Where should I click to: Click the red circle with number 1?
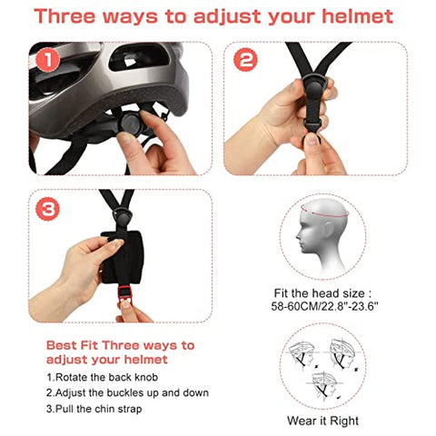tap(46, 61)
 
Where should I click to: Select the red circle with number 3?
tap(46, 209)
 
